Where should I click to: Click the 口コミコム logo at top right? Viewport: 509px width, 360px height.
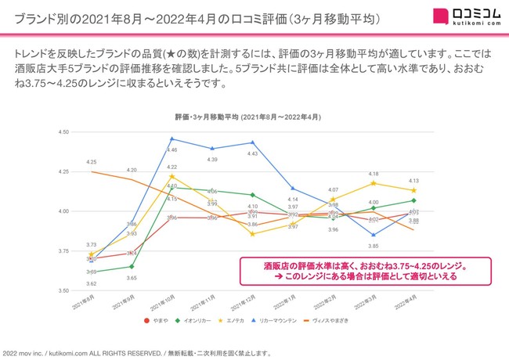click(x=461, y=16)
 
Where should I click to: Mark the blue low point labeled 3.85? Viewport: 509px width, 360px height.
click(x=374, y=235)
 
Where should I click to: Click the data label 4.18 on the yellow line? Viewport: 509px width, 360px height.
click(x=374, y=174)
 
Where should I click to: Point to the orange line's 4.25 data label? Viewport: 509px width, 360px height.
click(x=92, y=161)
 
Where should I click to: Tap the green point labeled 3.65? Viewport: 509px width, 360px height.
click(x=132, y=266)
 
